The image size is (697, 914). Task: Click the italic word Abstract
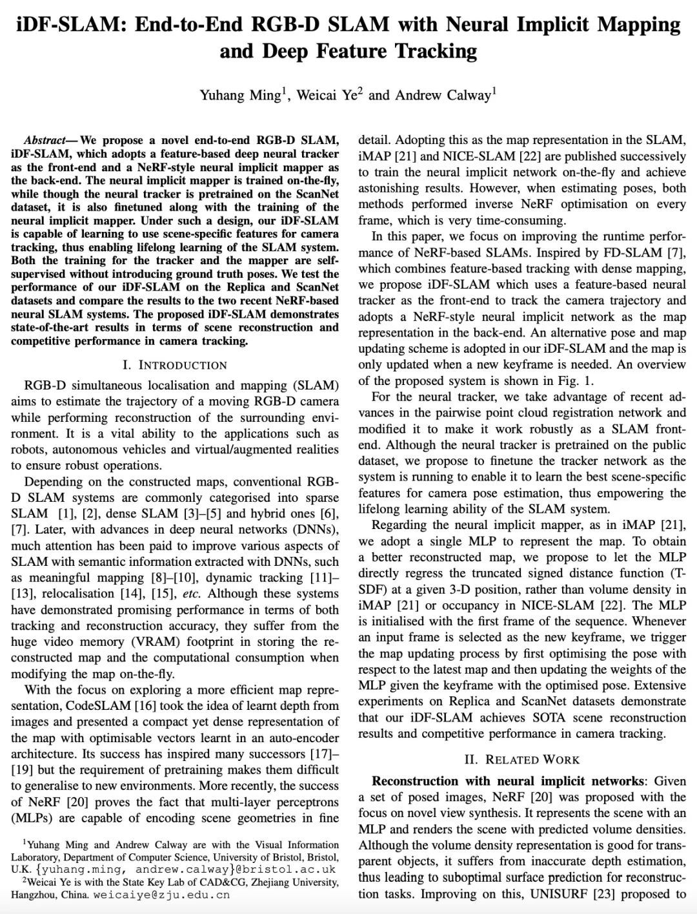45,140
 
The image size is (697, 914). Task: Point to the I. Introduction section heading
175,365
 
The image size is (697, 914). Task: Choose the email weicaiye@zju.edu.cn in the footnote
161,895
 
